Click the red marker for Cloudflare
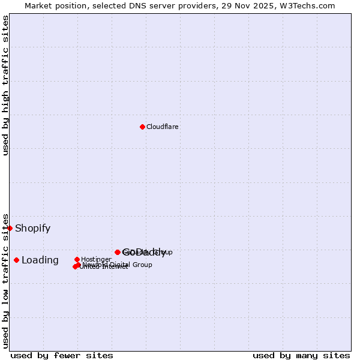coord(142,127)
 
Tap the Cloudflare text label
coord(162,127)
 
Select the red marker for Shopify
coord(10,228)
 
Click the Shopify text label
coord(32,228)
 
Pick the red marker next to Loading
coord(16,260)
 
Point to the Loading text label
coord(40,260)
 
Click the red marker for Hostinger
coord(77,259)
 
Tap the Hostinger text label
coord(96,260)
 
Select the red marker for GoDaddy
coord(118,252)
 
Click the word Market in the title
coord(39,5)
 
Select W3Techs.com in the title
coord(303,5)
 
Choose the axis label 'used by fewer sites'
coord(62,355)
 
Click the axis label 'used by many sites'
coord(301,355)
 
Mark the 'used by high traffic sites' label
coord(5,85)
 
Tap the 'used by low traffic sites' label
coord(5,281)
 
